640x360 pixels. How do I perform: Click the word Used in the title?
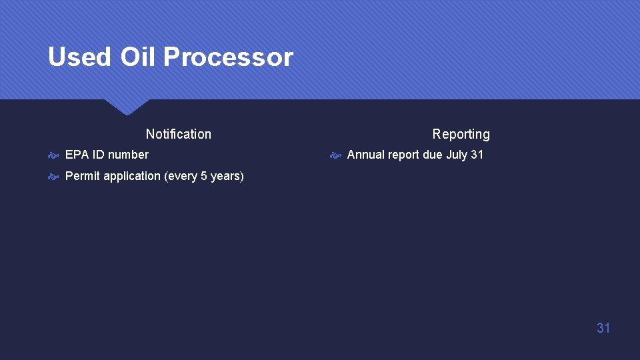(x=79, y=57)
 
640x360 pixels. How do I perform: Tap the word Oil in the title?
(x=137, y=57)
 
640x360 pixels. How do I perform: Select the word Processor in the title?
(x=228, y=57)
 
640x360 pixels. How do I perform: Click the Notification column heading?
(x=178, y=134)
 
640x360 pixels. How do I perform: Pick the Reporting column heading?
(x=461, y=134)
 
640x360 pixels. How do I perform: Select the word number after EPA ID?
(x=128, y=155)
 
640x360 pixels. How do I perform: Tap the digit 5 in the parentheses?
(x=204, y=176)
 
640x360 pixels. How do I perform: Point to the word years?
(x=225, y=177)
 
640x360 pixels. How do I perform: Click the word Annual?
(x=366, y=155)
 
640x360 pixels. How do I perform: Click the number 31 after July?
(x=477, y=155)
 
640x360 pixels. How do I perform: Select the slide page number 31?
(x=603, y=327)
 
